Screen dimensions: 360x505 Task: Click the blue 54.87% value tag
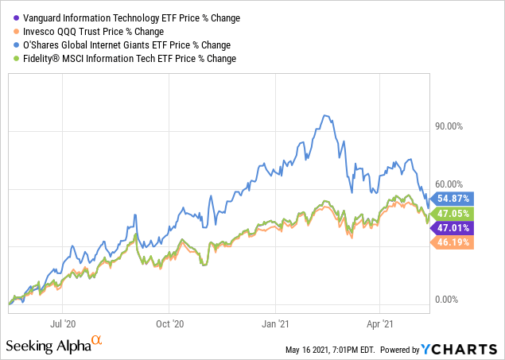point(453,199)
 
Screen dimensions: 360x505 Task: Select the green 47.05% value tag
point(453,214)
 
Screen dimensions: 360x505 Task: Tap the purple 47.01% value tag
point(453,228)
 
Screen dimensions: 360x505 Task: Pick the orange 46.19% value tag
point(453,242)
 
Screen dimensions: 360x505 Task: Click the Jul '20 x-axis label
point(64,323)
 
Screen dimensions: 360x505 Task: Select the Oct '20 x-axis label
point(169,323)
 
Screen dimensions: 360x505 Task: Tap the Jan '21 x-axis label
point(276,323)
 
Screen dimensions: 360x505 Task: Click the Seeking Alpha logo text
point(49,346)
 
